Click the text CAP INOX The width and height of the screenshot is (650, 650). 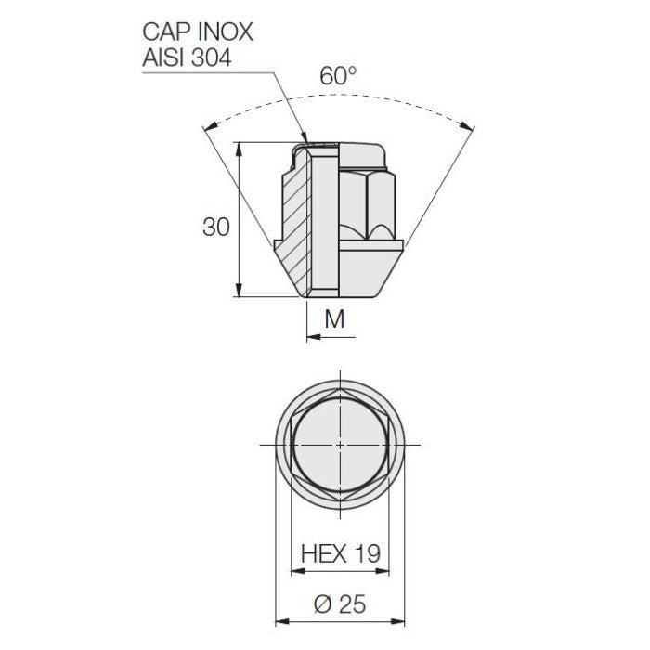coord(197,32)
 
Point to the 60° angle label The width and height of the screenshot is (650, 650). coord(338,76)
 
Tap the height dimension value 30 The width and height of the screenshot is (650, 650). coord(215,226)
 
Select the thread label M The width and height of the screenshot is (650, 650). coord(335,319)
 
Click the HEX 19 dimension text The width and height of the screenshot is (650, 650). coord(341,554)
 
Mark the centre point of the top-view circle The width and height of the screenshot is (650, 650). coord(341,445)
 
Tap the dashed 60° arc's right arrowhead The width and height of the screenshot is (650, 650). coord(471,127)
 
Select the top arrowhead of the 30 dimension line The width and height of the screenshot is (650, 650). coord(240,147)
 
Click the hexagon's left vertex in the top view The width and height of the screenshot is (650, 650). coord(290,445)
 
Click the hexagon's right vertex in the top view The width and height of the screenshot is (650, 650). coord(392,445)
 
